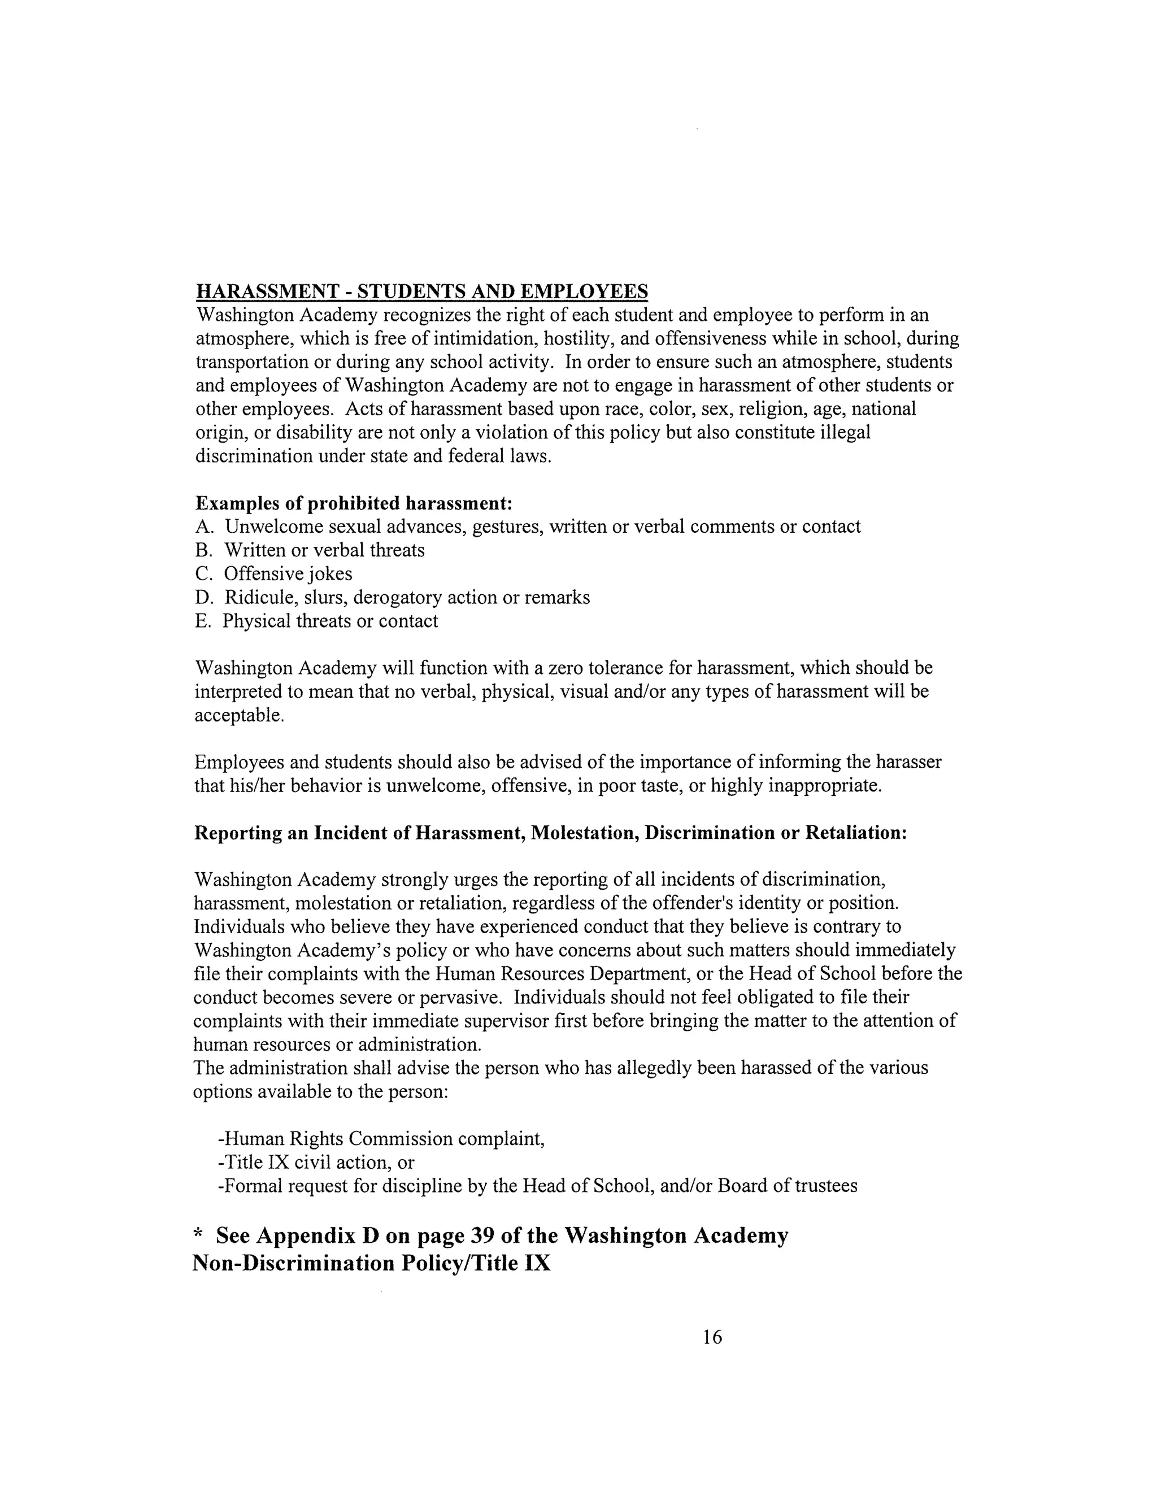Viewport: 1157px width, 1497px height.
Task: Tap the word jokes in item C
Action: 331,574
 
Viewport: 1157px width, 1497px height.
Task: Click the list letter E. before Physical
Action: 203,621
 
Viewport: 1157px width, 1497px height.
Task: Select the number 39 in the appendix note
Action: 483,1236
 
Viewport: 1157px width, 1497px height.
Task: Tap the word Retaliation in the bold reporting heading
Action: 855,833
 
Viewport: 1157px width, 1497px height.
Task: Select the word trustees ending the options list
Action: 825,1186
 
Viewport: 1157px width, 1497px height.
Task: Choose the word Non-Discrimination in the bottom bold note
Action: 293,1263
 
